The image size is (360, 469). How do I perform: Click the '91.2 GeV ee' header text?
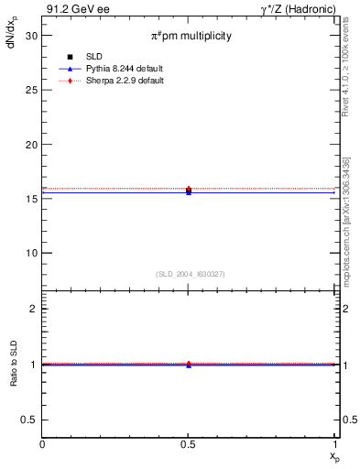[73, 9]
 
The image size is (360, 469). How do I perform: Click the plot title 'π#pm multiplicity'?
[191, 36]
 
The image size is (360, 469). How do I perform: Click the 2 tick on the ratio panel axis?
[34, 309]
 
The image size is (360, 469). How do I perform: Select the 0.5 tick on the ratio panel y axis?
[30, 420]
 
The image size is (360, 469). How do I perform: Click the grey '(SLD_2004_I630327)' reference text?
[190, 274]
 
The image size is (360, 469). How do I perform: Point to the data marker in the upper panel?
[189, 190]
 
